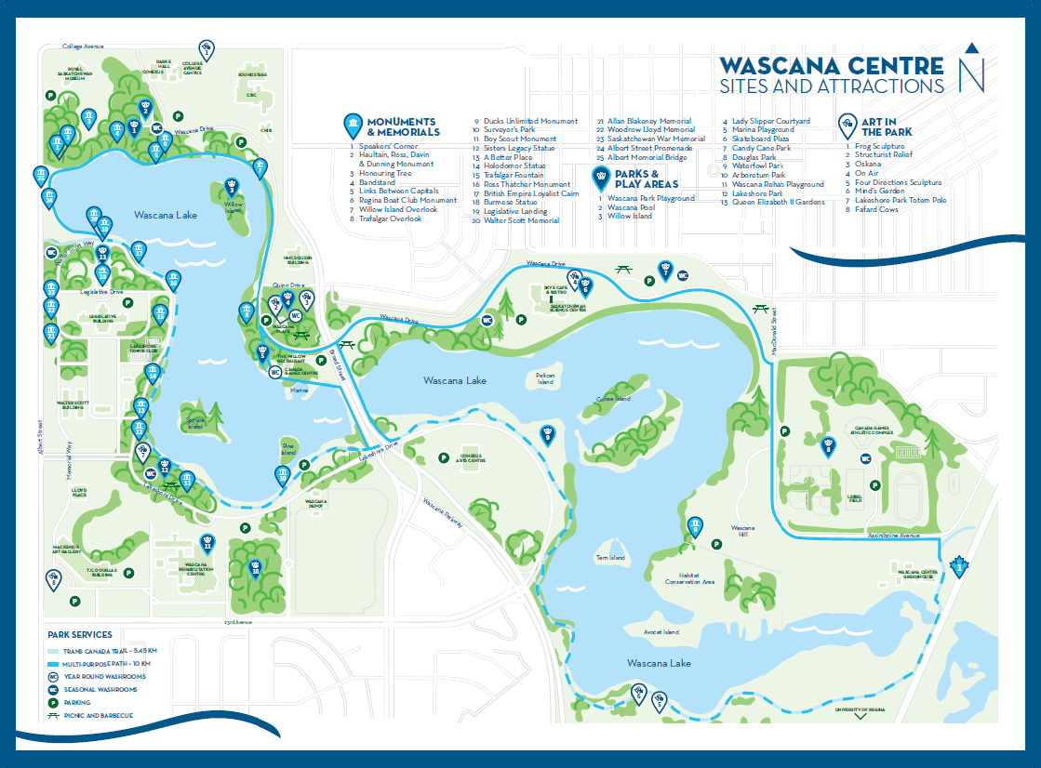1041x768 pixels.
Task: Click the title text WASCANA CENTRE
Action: pyautogui.click(x=832, y=66)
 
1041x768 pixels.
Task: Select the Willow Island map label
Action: pyautogui.click(x=232, y=207)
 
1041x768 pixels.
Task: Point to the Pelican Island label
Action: pyautogui.click(x=545, y=379)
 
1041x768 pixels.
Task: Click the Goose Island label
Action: pyautogui.click(x=613, y=399)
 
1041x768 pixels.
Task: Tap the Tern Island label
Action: pyautogui.click(x=610, y=558)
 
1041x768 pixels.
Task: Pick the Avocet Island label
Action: pyautogui.click(x=661, y=632)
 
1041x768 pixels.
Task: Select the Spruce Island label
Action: pyautogui.click(x=195, y=422)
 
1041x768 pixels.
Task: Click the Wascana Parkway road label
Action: pyautogui.click(x=443, y=514)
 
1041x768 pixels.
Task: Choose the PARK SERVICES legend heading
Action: pyautogui.click(x=80, y=635)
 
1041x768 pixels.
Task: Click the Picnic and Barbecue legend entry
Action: pyautogui.click(x=99, y=715)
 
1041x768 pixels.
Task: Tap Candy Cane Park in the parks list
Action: pyautogui.click(x=761, y=148)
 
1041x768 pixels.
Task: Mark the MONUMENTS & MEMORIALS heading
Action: pyautogui.click(x=402, y=127)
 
